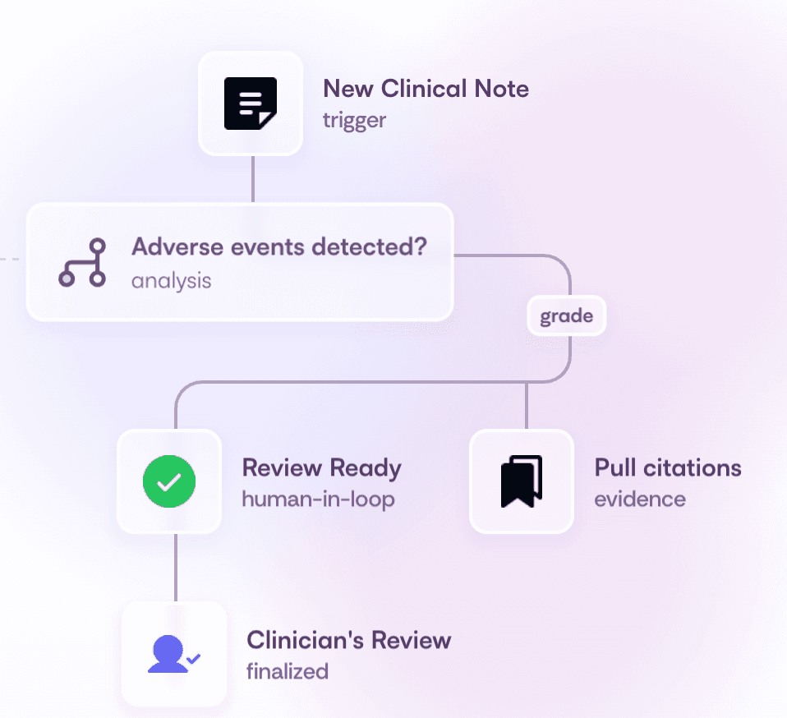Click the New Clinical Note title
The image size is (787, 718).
point(426,89)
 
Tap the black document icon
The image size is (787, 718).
point(251,104)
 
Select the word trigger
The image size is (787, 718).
point(354,121)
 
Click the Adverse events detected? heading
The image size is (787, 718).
point(279,246)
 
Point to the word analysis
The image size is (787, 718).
point(171,280)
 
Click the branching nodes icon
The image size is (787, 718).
point(82,263)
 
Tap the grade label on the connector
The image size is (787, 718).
point(566,316)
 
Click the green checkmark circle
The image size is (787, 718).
point(169,481)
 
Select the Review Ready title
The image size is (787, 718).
point(321,468)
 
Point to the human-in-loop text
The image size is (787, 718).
point(318,499)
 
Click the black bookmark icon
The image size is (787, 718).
point(521,481)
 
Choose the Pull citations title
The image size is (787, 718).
point(667,468)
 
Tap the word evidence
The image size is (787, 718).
point(640,499)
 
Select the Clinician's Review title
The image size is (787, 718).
point(348,640)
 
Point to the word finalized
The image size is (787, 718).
point(287,671)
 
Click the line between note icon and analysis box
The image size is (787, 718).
point(252,179)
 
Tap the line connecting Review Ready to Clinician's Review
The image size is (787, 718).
point(175,567)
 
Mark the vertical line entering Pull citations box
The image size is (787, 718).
point(527,407)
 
